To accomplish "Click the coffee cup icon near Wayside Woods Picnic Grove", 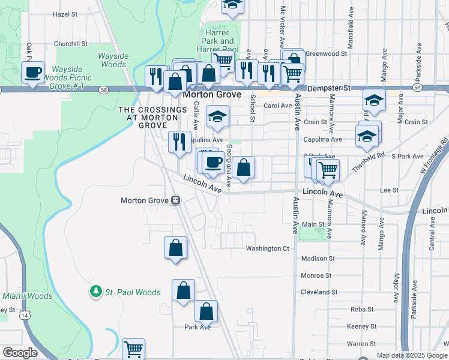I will [x=34, y=73].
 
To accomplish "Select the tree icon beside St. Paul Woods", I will [x=95, y=292].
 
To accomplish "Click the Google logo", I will [x=20, y=353].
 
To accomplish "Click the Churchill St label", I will [x=71, y=44].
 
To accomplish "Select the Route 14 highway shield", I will [x=25, y=315].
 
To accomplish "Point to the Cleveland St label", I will [x=319, y=292].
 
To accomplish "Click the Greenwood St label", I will [x=326, y=53].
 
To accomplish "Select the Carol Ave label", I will [x=277, y=106].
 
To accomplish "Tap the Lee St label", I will [x=390, y=190].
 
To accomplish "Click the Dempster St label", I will [x=329, y=88].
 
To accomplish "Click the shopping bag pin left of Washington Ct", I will [x=175, y=248].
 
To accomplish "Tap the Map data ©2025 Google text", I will [x=412, y=355].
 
